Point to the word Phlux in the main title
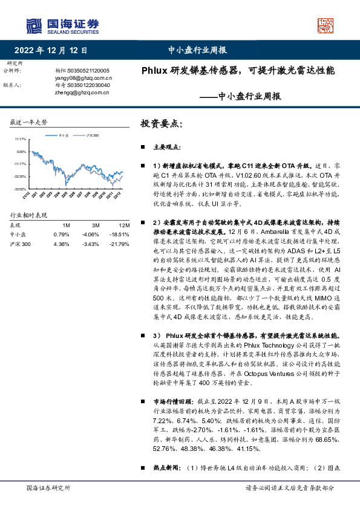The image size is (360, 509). pyautogui.click(x=154, y=70)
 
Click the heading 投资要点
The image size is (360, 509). pyautogui.click(x=161, y=123)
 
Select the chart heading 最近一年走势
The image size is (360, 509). pyautogui.click(x=28, y=122)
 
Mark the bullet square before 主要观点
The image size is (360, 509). pyautogui.click(x=143, y=147)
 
